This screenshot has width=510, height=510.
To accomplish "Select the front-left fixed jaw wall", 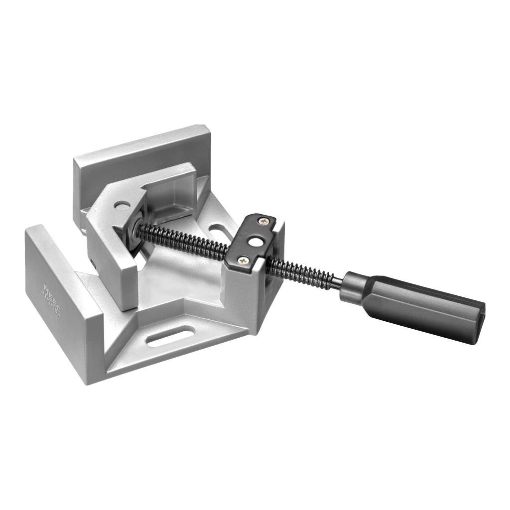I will point(60,289).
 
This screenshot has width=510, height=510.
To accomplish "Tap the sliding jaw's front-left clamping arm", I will point(112,259).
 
